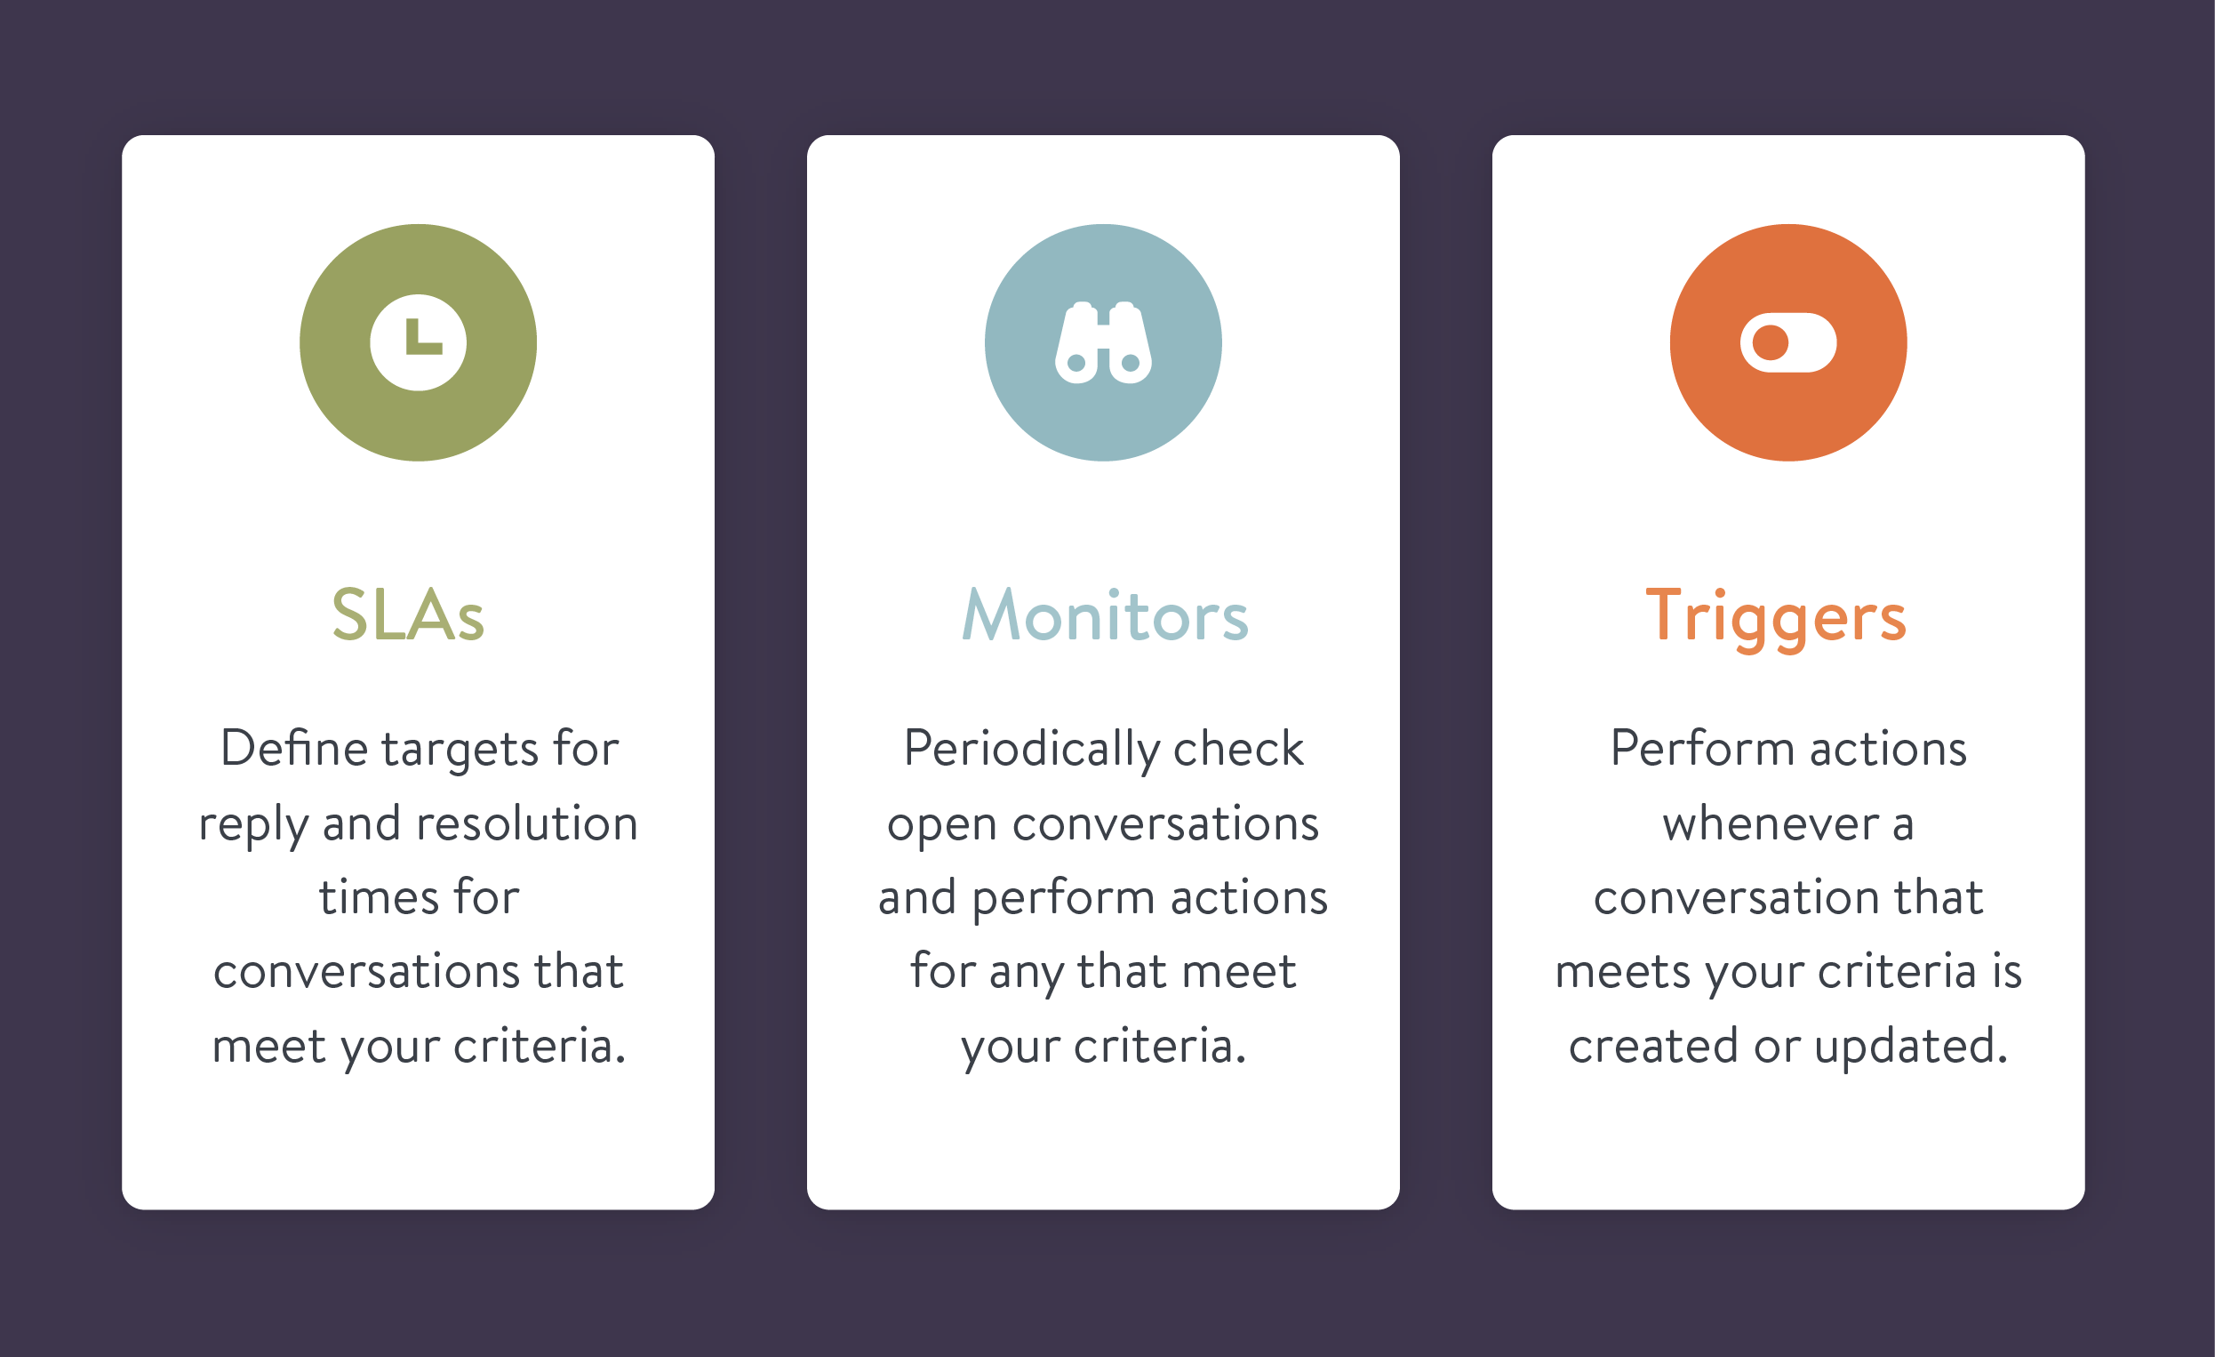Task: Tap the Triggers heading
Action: coord(1775,619)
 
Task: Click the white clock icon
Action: coord(418,342)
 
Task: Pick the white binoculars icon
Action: coord(1103,342)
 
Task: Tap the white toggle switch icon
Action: coord(1788,342)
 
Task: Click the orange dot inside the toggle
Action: coord(1770,342)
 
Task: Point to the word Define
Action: coord(294,748)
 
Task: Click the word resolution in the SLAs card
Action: coord(528,823)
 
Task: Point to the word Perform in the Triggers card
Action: coord(1702,748)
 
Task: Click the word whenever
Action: coord(1771,823)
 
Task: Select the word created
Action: coord(1652,1046)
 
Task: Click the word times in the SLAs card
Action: coord(380,897)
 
